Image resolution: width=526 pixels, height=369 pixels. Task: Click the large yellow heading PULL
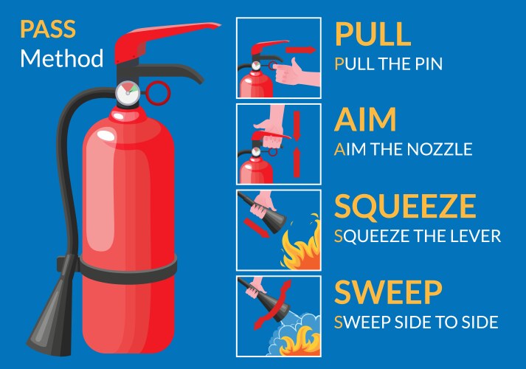click(373, 34)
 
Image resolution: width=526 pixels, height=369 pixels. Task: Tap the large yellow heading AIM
click(366, 119)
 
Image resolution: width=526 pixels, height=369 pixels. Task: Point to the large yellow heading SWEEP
click(388, 292)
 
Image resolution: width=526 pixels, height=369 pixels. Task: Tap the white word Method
click(62, 58)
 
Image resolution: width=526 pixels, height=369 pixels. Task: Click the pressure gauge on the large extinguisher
click(126, 93)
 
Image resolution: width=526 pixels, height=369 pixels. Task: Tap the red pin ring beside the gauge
click(158, 93)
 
